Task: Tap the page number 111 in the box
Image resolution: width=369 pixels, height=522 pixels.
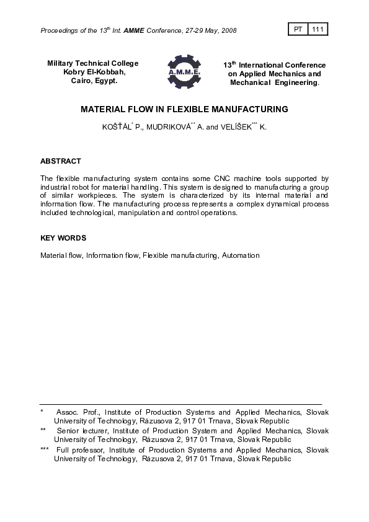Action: [x=318, y=29]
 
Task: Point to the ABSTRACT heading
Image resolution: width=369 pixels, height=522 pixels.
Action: [x=61, y=161]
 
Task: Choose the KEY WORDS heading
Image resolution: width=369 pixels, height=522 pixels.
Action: [x=63, y=238]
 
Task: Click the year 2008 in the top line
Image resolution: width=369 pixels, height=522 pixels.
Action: [x=228, y=30]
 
